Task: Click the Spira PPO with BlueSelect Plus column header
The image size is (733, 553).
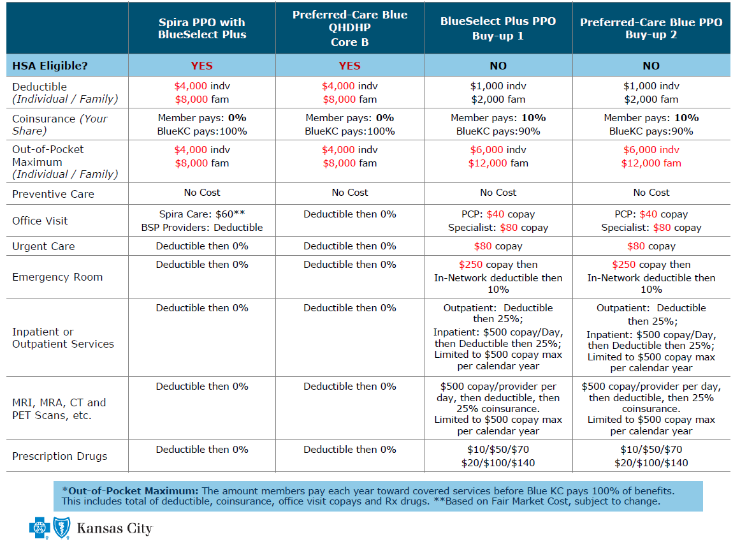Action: click(x=202, y=28)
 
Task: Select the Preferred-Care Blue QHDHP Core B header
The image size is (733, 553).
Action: click(x=349, y=28)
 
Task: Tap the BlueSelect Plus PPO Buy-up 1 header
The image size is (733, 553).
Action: click(x=498, y=28)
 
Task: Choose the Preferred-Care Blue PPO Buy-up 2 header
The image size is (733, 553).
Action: click(x=651, y=28)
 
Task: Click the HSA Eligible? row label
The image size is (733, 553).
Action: click(x=50, y=66)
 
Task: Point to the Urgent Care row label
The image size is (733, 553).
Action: click(x=43, y=246)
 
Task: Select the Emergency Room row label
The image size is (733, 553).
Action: click(x=57, y=277)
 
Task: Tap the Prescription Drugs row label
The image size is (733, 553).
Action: click(x=60, y=456)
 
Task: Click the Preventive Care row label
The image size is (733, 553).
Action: click(x=53, y=194)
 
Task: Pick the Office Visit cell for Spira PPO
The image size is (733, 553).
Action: click(x=202, y=221)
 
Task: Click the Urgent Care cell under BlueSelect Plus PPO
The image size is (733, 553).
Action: click(x=498, y=246)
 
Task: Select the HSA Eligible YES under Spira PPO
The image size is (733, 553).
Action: click(x=202, y=66)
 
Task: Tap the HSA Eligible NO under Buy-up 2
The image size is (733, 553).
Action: click(x=651, y=66)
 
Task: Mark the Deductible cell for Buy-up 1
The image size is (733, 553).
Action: click(x=498, y=92)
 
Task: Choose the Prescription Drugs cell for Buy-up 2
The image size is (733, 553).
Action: click(x=651, y=456)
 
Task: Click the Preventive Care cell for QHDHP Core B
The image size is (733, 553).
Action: click(x=349, y=193)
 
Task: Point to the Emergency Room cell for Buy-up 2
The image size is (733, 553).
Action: click(x=651, y=277)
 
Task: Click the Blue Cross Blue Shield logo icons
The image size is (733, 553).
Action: click(x=50, y=528)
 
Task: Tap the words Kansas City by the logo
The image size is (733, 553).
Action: click(x=114, y=529)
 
